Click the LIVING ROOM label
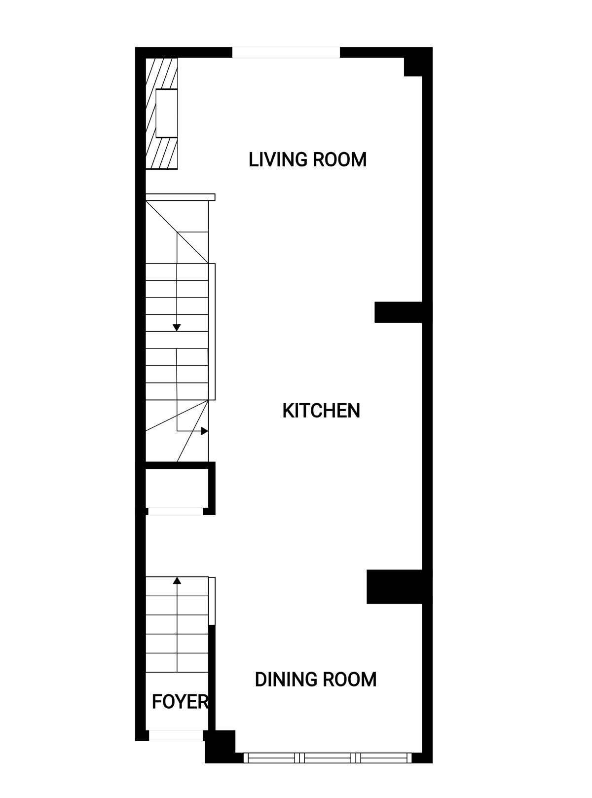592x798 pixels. [x=307, y=159]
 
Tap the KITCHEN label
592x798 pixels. [x=321, y=411]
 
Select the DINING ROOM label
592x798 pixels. [x=315, y=679]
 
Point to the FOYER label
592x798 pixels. [x=180, y=702]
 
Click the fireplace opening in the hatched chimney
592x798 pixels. [x=167, y=114]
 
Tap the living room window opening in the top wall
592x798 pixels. [x=286, y=52]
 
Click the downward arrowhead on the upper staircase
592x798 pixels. [x=177, y=327]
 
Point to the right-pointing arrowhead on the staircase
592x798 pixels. [x=205, y=431]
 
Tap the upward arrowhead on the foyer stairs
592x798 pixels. [x=177, y=580]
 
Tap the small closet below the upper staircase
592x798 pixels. [x=177, y=488]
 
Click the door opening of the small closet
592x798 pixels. [x=176, y=511]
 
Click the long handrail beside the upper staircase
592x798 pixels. [x=212, y=332]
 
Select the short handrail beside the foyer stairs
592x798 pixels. [x=212, y=601]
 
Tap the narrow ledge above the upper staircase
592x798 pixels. [x=180, y=197]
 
